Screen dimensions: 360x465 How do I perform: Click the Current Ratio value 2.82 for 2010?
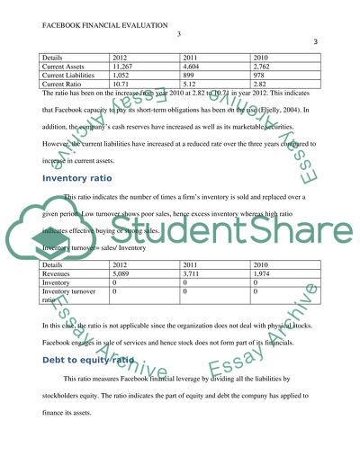tap(261, 85)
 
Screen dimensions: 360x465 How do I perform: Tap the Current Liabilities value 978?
tap(259, 76)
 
